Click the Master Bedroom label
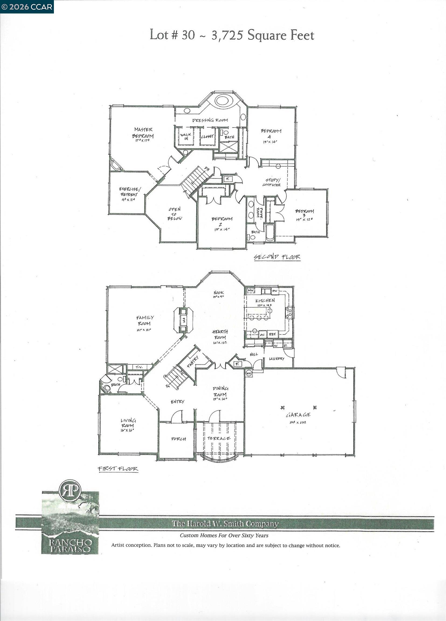143,133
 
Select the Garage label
298,415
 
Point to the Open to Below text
174,214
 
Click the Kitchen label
265,300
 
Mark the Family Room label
145,320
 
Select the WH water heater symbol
248,373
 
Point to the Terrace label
219,438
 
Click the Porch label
178,439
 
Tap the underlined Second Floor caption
277,257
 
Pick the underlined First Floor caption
118,469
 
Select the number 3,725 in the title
227,35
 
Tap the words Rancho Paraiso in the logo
70,546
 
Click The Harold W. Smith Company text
225,523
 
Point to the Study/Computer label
272,182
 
